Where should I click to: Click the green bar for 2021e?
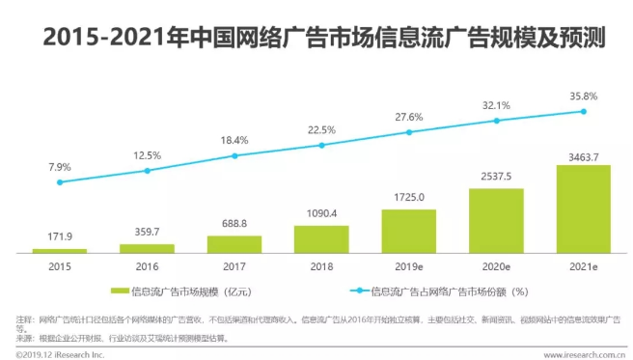click(x=583, y=208)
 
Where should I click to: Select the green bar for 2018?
click(x=321, y=238)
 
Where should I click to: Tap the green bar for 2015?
click(x=60, y=250)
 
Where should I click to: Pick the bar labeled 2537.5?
click(x=496, y=220)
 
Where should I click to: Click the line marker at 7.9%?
click(x=60, y=181)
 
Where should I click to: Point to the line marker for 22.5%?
click(x=321, y=146)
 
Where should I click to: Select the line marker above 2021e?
click(x=583, y=111)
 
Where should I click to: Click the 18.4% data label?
click(x=234, y=140)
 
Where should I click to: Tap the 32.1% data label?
click(x=496, y=104)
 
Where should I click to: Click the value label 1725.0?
click(x=409, y=196)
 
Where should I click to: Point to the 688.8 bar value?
click(x=234, y=223)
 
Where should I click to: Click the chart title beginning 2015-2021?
click(x=316, y=38)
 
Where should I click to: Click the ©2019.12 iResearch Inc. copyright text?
click(x=58, y=353)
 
